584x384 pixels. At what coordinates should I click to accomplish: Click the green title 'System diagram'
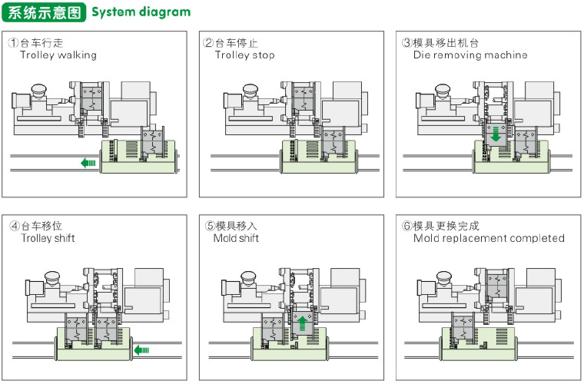(141, 12)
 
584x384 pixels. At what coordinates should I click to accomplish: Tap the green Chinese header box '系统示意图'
(44, 12)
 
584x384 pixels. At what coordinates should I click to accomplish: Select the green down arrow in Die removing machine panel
(496, 134)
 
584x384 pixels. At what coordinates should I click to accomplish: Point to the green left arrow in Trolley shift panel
(141, 350)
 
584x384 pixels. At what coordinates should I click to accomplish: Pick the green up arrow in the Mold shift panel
(302, 323)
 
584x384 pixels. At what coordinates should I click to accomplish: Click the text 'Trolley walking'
(58, 55)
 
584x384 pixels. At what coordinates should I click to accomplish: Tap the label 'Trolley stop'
(244, 55)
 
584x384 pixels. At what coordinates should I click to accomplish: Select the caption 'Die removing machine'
(470, 55)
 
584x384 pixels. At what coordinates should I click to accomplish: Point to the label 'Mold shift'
(236, 238)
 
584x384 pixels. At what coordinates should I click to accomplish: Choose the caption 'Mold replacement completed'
(489, 238)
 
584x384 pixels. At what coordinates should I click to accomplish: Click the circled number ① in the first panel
(14, 43)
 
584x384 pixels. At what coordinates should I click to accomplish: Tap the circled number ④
(14, 226)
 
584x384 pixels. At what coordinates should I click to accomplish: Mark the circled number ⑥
(406, 226)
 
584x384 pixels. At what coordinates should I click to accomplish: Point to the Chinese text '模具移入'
(237, 226)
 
